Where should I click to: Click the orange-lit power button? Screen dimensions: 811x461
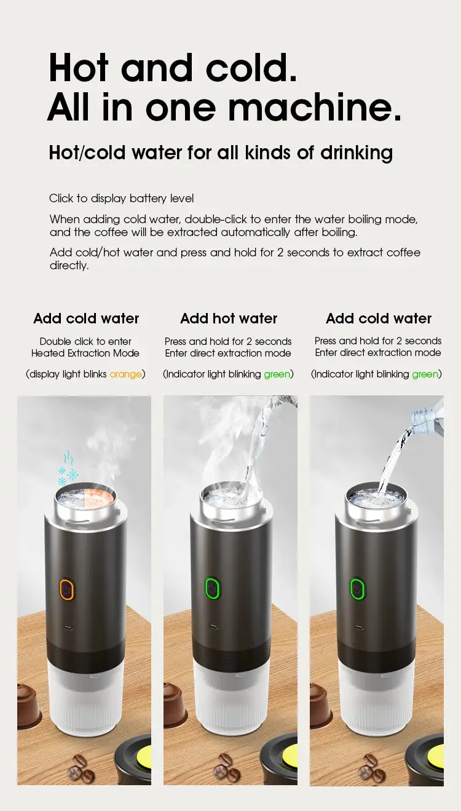pyautogui.click(x=67, y=589)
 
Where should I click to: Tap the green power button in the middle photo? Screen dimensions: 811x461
pyautogui.click(x=213, y=588)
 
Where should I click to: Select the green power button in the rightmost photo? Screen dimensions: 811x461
pyautogui.click(x=357, y=588)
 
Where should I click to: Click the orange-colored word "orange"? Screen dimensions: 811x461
pyautogui.click(x=125, y=374)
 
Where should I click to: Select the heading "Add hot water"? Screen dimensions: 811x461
pyautogui.click(x=229, y=318)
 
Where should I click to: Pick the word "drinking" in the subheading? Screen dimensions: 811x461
pyautogui.click(x=357, y=152)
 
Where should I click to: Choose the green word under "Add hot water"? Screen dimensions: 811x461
pyautogui.click(x=277, y=374)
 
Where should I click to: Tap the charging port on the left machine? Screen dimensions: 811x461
pyautogui.click(x=67, y=627)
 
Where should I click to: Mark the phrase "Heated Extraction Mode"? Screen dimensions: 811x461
pyautogui.click(x=85, y=353)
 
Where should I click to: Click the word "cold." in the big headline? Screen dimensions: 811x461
pyautogui.click(x=251, y=68)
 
